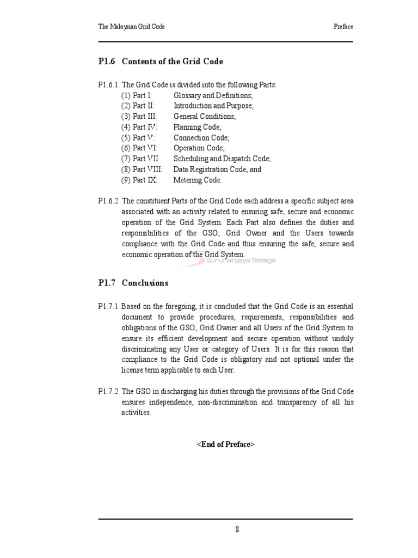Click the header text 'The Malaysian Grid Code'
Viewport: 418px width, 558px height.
(131, 26)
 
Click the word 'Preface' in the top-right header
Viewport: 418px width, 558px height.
(343, 26)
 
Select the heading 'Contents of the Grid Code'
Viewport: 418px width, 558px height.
(173, 62)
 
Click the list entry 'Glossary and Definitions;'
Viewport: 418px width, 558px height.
(210, 95)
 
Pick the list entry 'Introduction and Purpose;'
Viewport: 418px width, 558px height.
(213, 106)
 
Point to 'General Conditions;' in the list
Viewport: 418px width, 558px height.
(205, 117)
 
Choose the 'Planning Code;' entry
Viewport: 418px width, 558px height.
(198, 127)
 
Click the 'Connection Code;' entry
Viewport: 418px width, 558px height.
(201, 138)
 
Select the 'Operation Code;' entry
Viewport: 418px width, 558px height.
(199, 148)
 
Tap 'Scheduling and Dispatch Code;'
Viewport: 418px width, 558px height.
(222, 159)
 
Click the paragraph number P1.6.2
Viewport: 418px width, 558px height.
(108, 201)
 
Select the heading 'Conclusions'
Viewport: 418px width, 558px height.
(145, 283)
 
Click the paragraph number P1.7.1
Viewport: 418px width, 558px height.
(108, 307)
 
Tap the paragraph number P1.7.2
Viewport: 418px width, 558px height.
(108, 392)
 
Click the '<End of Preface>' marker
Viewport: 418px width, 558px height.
(225, 445)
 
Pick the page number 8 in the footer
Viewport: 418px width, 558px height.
(237, 529)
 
